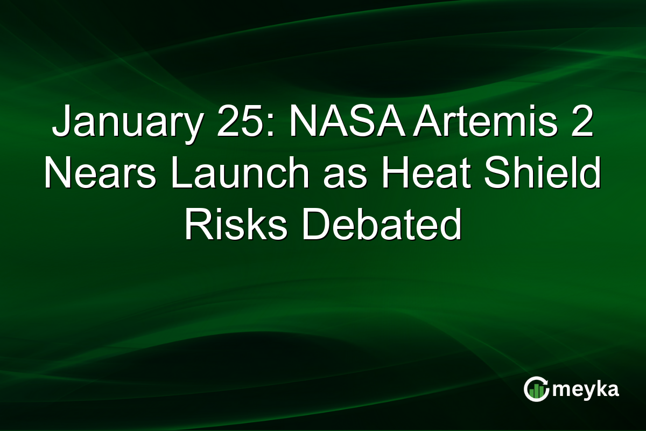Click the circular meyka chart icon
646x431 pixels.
(x=536, y=389)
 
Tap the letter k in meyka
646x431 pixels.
(x=599, y=389)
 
